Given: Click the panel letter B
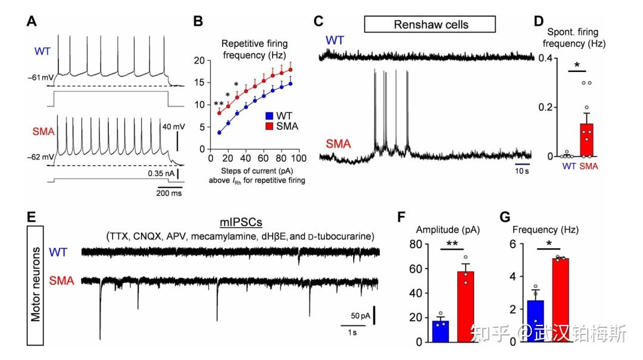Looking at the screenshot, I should pyautogui.click(x=199, y=23).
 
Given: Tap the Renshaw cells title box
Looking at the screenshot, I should pyautogui.click(x=430, y=24).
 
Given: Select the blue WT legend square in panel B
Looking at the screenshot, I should pyautogui.click(x=269, y=115).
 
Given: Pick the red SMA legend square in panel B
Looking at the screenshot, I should pyautogui.click(x=269, y=126).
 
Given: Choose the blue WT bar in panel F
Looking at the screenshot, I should pyautogui.click(x=441, y=331).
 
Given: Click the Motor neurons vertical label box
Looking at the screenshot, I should pyautogui.click(x=37, y=285).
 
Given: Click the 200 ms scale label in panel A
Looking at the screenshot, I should pyautogui.click(x=170, y=193).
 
